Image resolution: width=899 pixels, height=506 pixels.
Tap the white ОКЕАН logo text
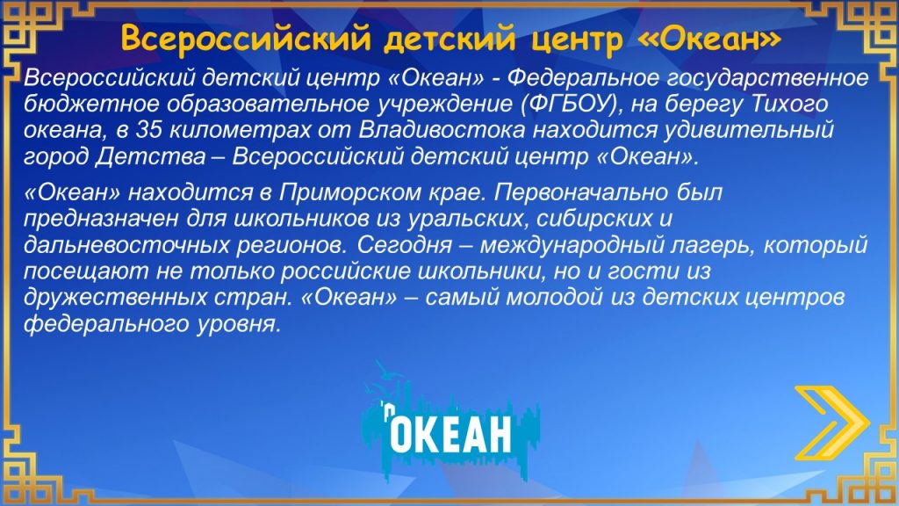[450, 434]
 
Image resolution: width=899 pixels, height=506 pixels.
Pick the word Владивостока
[442, 131]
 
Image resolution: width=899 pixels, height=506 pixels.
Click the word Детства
[149, 156]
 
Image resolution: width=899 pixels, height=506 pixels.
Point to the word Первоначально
[581, 192]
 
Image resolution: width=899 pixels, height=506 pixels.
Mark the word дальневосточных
[126, 246]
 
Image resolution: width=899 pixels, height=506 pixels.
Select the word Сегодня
[405, 246]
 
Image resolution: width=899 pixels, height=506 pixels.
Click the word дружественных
[115, 298]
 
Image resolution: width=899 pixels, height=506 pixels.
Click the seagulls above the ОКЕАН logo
[386, 379]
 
